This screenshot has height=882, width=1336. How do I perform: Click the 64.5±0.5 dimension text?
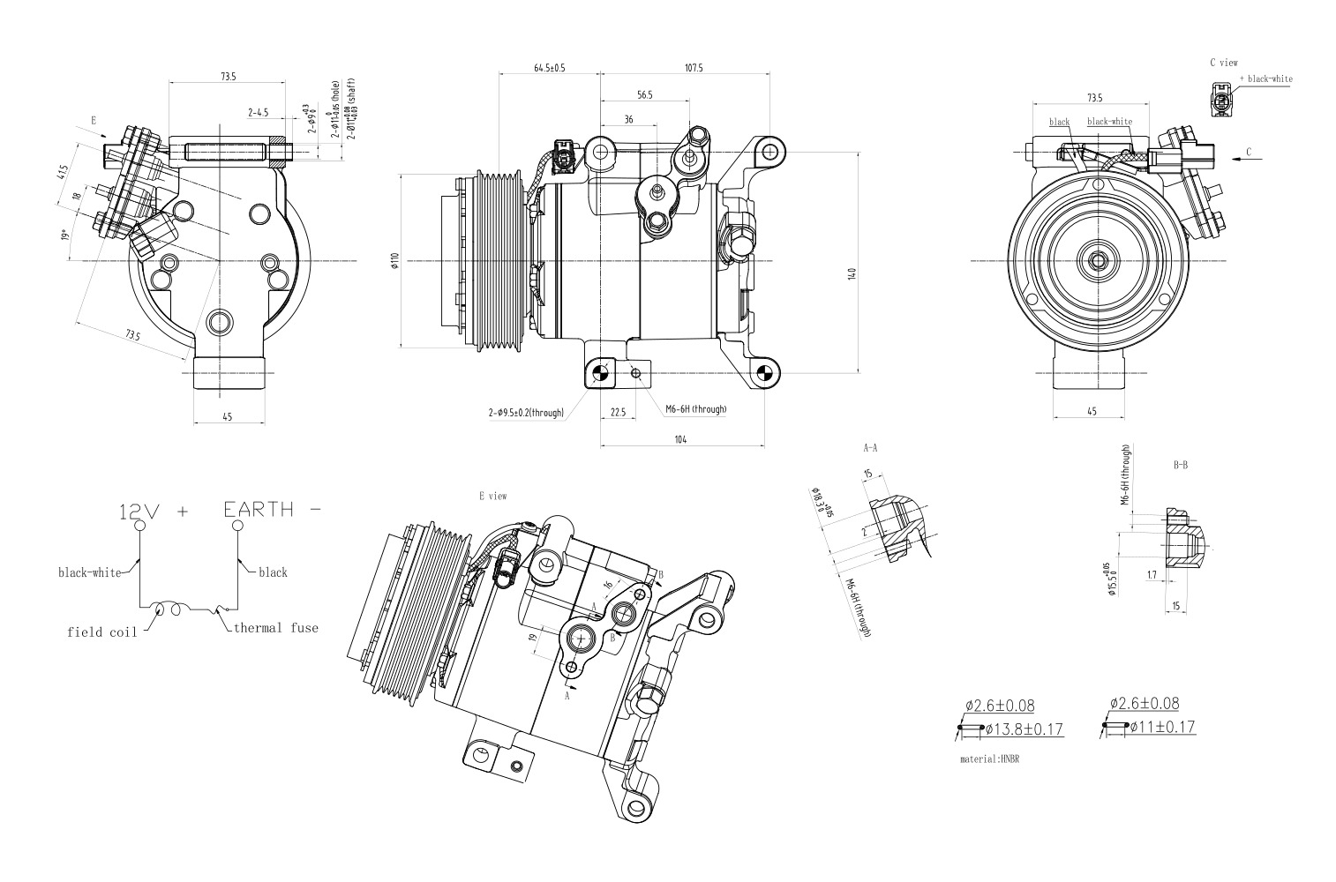[x=549, y=68]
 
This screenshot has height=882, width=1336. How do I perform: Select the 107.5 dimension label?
[x=693, y=68]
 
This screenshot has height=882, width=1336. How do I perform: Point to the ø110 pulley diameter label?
[x=395, y=262]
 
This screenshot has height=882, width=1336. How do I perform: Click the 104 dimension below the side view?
[x=680, y=438]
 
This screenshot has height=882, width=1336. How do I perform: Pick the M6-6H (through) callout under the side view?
[x=695, y=408]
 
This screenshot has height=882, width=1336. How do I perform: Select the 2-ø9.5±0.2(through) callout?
[x=526, y=412]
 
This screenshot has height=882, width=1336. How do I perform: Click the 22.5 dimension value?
[x=618, y=412]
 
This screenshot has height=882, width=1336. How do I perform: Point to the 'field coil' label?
[x=101, y=632]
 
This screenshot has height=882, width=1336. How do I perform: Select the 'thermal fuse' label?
[x=275, y=628]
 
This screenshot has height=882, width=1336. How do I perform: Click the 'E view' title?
[x=492, y=497]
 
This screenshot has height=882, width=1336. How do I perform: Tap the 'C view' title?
[x=1223, y=63]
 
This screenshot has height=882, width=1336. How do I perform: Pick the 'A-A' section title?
[x=870, y=448]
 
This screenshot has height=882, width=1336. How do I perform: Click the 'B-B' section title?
[x=1180, y=464]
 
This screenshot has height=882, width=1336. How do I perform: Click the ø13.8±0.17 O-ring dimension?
[x=1024, y=729]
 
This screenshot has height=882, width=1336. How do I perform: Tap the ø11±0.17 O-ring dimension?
[x=1163, y=727]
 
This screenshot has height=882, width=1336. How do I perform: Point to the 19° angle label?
[x=64, y=236]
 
